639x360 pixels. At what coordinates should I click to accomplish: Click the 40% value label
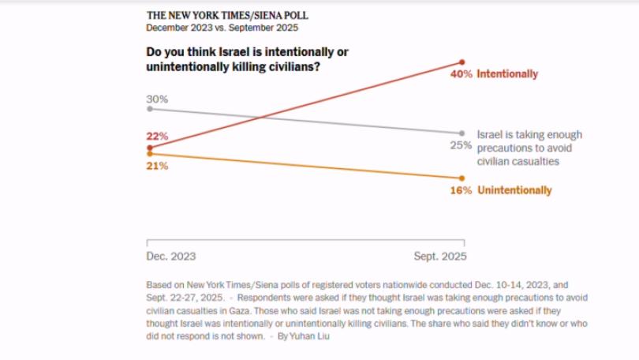pyautogui.click(x=461, y=74)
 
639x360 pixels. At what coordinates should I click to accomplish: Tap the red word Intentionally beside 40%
pyautogui.click(x=507, y=74)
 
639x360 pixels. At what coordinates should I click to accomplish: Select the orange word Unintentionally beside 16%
pyautogui.click(x=514, y=190)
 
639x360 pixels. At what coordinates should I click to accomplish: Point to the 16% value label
pyautogui.click(x=461, y=190)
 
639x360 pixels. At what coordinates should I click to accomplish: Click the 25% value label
pyautogui.click(x=461, y=144)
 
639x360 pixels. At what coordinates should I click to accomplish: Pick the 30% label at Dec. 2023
pyautogui.click(x=157, y=99)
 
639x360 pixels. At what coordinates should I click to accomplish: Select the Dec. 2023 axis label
pyautogui.click(x=171, y=257)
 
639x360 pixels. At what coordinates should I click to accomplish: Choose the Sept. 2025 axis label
pyautogui.click(x=440, y=257)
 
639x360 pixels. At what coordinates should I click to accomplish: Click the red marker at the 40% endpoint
pyautogui.click(x=462, y=62)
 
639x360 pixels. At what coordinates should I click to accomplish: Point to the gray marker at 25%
pyautogui.click(x=462, y=133)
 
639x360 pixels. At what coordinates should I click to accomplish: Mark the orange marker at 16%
pyautogui.click(x=462, y=178)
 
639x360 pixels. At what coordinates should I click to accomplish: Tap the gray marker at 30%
pyautogui.click(x=149, y=108)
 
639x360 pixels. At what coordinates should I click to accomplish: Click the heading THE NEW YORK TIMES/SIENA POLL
pyautogui.click(x=227, y=15)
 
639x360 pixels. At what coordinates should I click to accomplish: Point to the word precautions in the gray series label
pyautogui.click(x=504, y=148)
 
